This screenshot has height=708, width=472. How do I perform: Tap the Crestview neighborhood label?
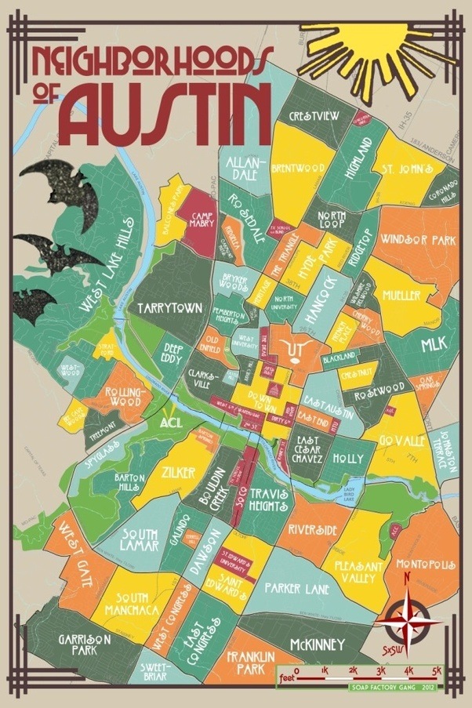(x=314, y=115)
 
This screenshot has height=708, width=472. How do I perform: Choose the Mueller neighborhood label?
(x=401, y=296)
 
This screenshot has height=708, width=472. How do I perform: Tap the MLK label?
(x=433, y=344)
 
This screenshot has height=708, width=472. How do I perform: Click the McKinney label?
(x=317, y=644)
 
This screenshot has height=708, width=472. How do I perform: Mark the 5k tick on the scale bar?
(x=437, y=672)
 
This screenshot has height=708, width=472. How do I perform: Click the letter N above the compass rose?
(x=406, y=579)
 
